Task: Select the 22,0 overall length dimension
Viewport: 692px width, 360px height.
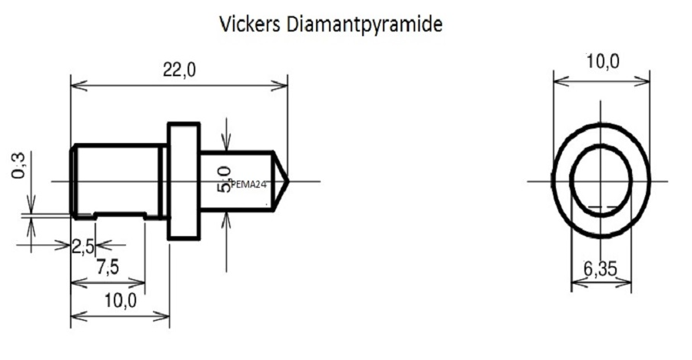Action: (x=179, y=70)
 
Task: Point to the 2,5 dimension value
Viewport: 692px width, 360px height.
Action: (x=82, y=247)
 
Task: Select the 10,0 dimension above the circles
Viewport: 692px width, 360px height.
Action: (x=601, y=62)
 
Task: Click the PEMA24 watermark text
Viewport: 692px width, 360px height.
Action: (x=248, y=184)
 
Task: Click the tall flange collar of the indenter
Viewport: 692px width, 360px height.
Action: (x=183, y=181)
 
